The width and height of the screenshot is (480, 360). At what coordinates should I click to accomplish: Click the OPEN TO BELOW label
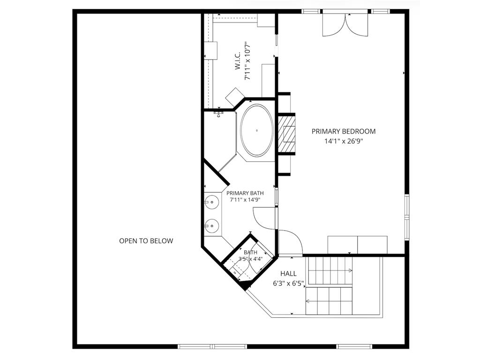[x=146, y=241]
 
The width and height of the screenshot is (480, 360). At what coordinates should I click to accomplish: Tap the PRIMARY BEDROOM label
[x=344, y=131]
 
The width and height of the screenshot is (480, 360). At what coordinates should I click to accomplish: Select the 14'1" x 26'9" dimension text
[x=344, y=141]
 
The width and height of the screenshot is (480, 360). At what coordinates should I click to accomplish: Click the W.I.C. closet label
[x=238, y=60]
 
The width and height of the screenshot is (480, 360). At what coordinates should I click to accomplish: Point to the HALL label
[x=288, y=274]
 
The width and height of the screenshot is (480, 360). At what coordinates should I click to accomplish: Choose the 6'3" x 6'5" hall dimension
[x=288, y=284]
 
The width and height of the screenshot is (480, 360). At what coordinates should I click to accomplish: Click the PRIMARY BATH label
[x=245, y=193]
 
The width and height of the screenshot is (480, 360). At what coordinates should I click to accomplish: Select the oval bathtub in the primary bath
[x=257, y=130]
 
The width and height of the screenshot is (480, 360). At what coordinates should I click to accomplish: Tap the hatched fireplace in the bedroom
[x=287, y=134]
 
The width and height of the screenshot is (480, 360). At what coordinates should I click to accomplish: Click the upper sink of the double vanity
[x=211, y=202]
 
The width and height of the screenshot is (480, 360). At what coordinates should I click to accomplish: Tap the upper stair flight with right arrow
[x=330, y=270]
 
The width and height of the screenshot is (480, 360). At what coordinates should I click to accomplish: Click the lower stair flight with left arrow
[x=329, y=301]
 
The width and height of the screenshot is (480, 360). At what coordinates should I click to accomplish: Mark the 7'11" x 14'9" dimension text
[x=245, y=200]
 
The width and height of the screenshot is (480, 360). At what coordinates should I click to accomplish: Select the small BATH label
[x=250, y=253]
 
